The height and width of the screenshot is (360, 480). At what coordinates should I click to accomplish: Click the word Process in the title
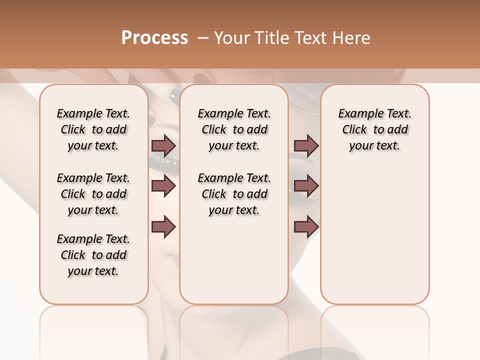pos(154,38)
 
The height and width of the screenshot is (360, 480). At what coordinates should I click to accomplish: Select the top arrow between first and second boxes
pos(163,146)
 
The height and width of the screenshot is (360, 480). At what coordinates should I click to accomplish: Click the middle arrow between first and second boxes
pos(163,186)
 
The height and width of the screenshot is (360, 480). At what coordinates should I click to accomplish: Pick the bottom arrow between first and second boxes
pos(163,226)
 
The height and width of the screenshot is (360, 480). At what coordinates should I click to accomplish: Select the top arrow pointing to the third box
pos(306,146)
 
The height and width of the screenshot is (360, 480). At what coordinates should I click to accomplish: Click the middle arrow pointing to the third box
pos(306,186)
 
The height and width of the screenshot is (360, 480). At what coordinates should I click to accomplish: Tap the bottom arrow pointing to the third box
pos(306,226)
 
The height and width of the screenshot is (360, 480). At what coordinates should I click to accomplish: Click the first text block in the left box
pos(93,129)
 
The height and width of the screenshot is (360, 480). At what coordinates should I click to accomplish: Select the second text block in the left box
pos(93,194)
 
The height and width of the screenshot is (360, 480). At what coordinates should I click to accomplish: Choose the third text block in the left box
pos(93,255)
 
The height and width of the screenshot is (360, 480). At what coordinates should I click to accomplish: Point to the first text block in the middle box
pos(234,129)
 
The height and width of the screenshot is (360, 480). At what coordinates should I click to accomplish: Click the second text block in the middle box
pos(234,194)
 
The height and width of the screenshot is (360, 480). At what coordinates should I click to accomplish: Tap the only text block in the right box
pos(374,129)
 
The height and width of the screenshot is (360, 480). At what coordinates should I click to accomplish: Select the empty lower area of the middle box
pos(234,260)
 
